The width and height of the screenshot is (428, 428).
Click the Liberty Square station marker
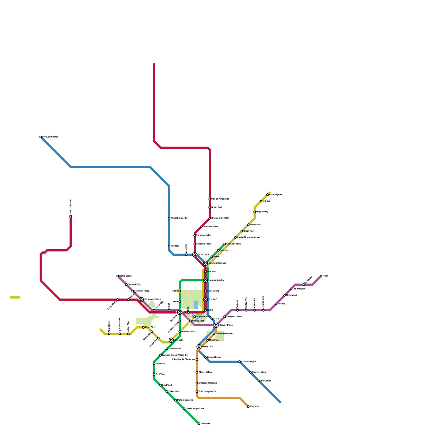(71, 216)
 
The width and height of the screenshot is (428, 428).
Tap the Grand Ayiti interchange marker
(195, 255)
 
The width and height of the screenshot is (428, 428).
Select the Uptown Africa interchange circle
(205, 280)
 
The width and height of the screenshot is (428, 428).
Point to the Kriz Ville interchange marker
(171, 340)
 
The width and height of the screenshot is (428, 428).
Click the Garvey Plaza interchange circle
(216, 325)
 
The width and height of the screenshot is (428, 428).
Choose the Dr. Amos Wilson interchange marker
(141, 300)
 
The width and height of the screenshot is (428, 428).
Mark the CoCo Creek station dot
(118, 276)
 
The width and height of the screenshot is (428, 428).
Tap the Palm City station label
(150, 327)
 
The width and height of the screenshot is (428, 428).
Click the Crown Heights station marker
(240, 362)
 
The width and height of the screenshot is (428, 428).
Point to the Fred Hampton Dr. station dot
(197, 392)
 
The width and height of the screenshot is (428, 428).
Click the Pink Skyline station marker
(267, 195)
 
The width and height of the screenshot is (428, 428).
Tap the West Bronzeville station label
(179, 218)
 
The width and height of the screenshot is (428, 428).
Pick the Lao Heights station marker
(291, 289)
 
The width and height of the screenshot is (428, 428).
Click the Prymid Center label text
(204, 317)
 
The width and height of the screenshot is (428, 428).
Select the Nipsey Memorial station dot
(214, 334)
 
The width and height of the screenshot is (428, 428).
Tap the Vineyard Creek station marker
(225, 317)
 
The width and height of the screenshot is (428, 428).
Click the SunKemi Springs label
(217, 263)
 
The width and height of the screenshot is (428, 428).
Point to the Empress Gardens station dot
(197, 383)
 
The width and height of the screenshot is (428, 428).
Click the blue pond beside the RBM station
(196, 305)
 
